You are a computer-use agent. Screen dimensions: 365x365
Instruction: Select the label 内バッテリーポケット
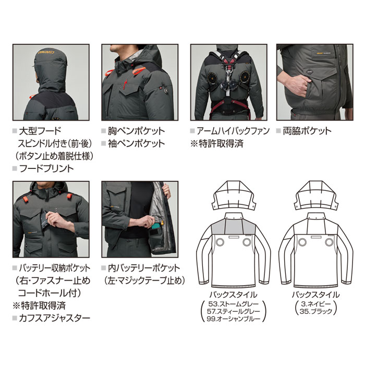(143, 268)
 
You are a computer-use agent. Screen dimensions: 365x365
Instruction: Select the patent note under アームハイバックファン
(214, 143)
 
